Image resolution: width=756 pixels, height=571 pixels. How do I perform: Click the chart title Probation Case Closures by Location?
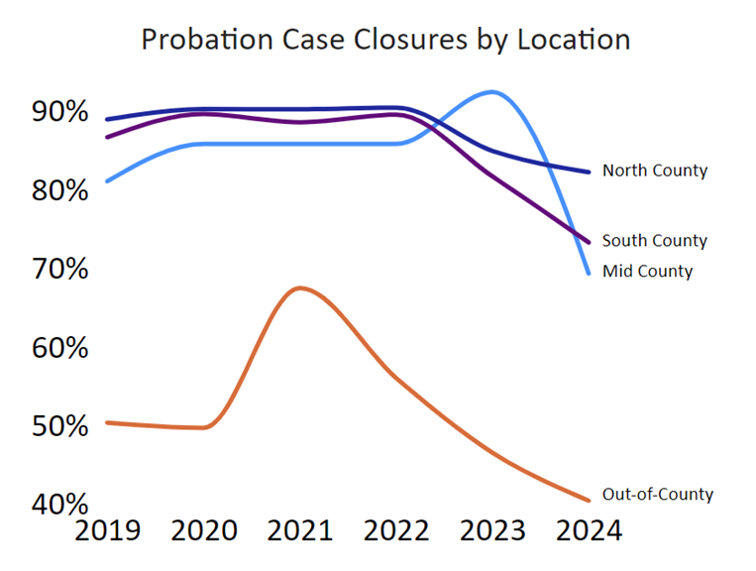tap(385, 40)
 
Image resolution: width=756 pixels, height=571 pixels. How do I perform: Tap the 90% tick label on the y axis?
tap(59, 112)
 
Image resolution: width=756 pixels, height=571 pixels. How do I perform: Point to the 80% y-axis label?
tap(59, 190)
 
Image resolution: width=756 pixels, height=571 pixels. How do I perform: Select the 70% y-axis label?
tap(59, 270)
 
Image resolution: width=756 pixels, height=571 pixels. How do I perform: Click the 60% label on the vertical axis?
tap(59, 349)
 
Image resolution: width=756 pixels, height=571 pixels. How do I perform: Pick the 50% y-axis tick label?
tap(59, 427)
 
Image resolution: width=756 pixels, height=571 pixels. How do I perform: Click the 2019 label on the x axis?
tap(109, 531)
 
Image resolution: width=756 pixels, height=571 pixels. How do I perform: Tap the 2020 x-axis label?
tap(204, 531)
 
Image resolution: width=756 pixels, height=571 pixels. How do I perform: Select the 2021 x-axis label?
tap(301, 531)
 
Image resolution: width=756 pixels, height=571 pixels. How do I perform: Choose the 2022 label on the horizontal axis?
tap(397, 531)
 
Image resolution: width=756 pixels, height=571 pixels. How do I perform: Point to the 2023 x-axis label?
tap(493, 531)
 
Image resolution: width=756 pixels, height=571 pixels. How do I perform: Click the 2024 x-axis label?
tap(590, 531)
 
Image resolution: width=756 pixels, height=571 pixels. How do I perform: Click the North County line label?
tap(655, 171)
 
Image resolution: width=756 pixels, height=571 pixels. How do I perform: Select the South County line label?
tap(655, 241)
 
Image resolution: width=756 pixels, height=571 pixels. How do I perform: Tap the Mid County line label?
tap(648, 271)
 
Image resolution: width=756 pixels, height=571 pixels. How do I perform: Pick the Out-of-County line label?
tap(658, 495)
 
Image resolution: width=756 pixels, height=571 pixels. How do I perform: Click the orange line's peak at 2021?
tap(300, 287)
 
